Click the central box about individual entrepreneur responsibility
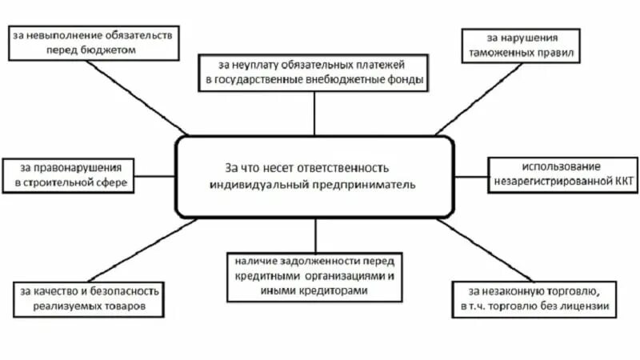pyautogui.click(x=315, y=176)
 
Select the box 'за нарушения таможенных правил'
pyautogui.click(x=521, y=46)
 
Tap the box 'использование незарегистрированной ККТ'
pyautogui.click(x=561, y=174)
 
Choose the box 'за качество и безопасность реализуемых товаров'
pyautogui.click(x=90, y=298)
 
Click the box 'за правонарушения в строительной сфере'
pyautogui.click(x=67, y=175)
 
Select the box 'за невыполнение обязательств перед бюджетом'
pyautogui.click(x=93, y=42)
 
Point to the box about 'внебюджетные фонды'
pyautogui.click(x=314, y=72)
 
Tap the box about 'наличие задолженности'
pyautogui.click(x=314, y=275)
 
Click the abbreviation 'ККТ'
pyautogui.click(x=618, y=182)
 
